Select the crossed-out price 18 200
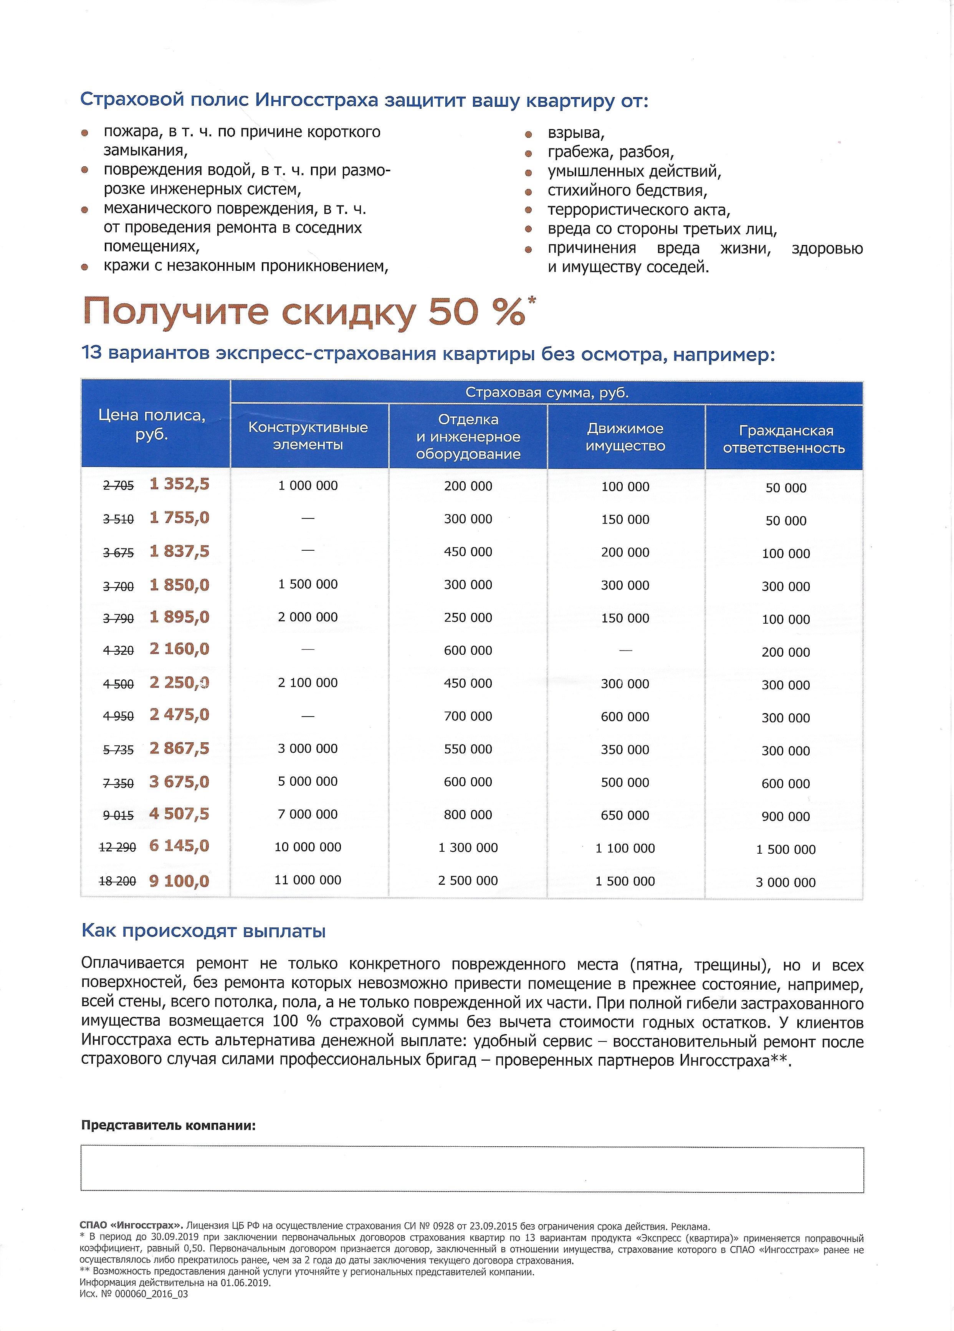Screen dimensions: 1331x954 coord(117,881)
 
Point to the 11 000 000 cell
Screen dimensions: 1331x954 coord(308,880)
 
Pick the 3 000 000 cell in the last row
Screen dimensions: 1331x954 coord(785,882)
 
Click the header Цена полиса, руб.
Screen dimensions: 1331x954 coord(152,424)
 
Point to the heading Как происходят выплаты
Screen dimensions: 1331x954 coord(203,931)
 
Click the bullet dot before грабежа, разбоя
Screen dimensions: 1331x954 coord(528,154)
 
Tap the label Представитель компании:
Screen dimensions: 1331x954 coord(169,1125)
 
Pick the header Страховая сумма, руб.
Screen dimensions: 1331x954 coord(546,392)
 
